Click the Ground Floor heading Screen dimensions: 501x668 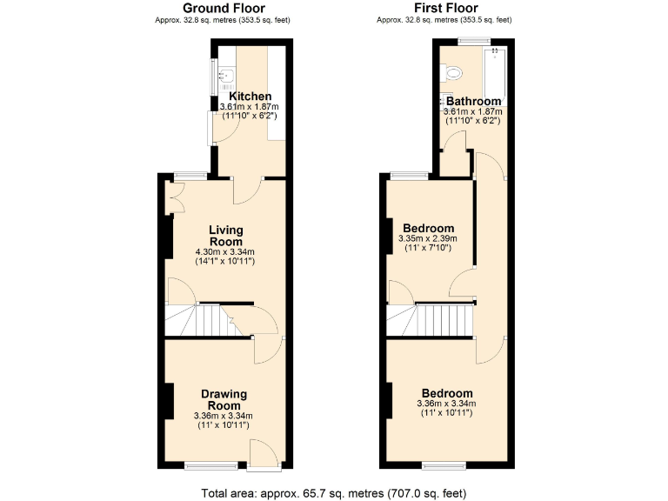pyautogui.click(x=224, y=8)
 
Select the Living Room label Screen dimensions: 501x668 pyautogui.click(x=225, y=236)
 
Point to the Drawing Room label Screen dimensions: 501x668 pyautogui.click(x=224, y=399)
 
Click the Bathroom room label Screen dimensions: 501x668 pyautogui.click(x=473, y=101)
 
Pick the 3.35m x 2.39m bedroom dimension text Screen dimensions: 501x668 pyautogui.click(x=427, y=238)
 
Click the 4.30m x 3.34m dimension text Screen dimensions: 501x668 pyautogui.click(x=224, y=252)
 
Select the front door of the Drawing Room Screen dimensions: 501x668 pyautogui.click(x=264, y=457)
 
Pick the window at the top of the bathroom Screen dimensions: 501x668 pyautogui.click(x=473, y=41)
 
